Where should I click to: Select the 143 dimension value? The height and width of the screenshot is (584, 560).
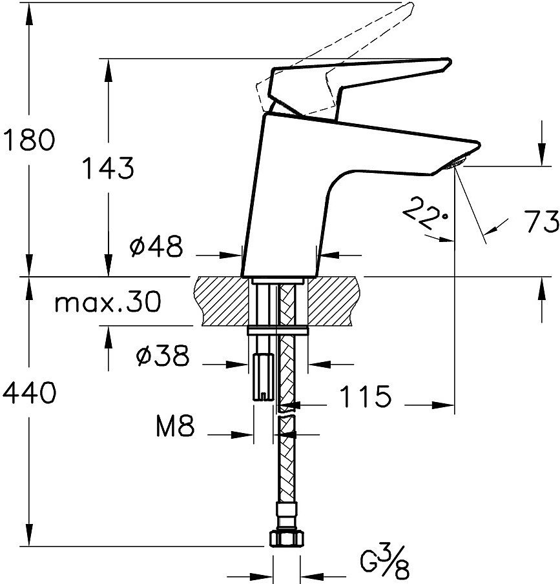tap(107, 168)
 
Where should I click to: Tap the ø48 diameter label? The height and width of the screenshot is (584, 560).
tap(156, 247)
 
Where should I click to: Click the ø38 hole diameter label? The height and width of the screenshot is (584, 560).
tap(162, 355)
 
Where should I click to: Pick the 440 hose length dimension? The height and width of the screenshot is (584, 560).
tap(29, 392)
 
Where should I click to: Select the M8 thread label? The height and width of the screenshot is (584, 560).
tap(175, 427)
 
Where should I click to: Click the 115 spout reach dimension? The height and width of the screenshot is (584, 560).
tap(365, 397)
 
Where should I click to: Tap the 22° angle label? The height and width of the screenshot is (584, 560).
tap(424, 215)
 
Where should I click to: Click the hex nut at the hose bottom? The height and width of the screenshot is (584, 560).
tap(285, 538)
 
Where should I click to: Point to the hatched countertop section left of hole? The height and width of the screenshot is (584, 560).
tap(223, 300)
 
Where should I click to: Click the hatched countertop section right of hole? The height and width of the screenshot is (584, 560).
tap(333, 300)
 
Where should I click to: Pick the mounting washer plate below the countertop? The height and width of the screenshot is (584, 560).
tap(278, 332)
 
